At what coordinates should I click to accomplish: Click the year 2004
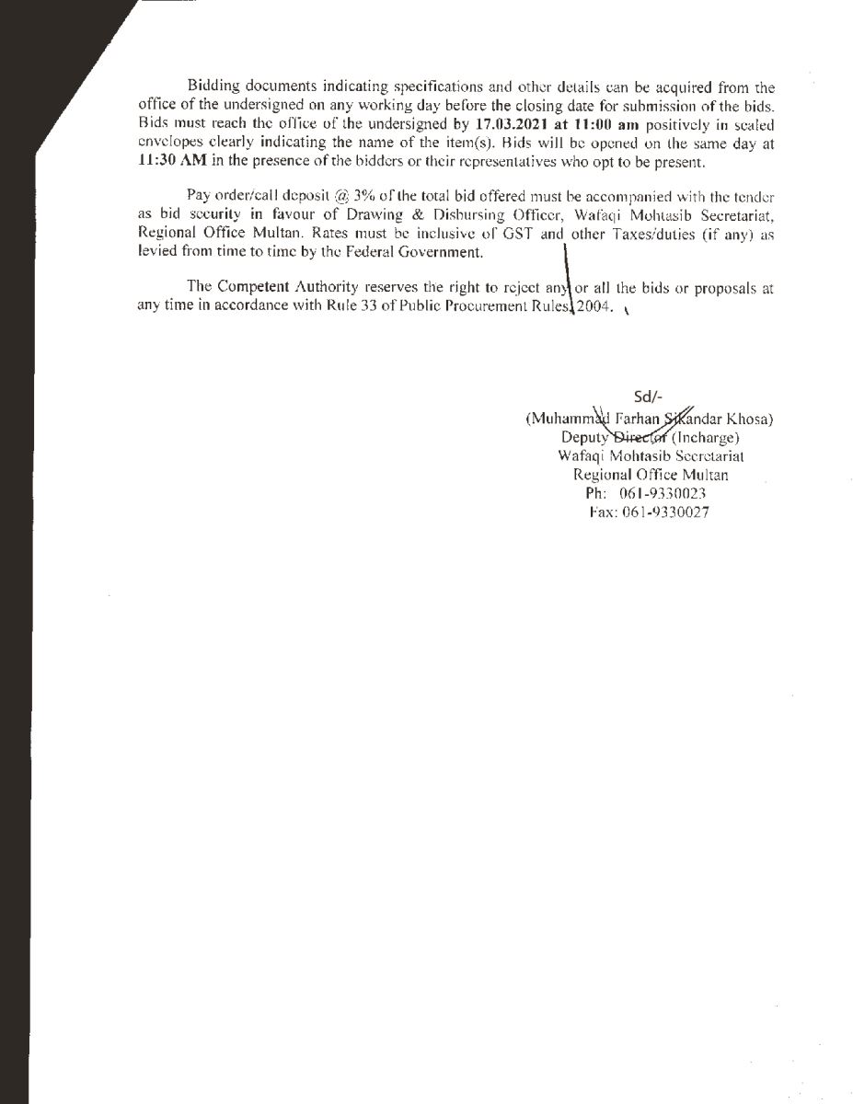[x=594, y=306]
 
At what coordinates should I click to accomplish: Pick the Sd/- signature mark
[x=649, y=398]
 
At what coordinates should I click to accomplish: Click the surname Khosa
[x=751, y=418]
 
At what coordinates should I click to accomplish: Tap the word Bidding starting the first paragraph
[x=213, y=88]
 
